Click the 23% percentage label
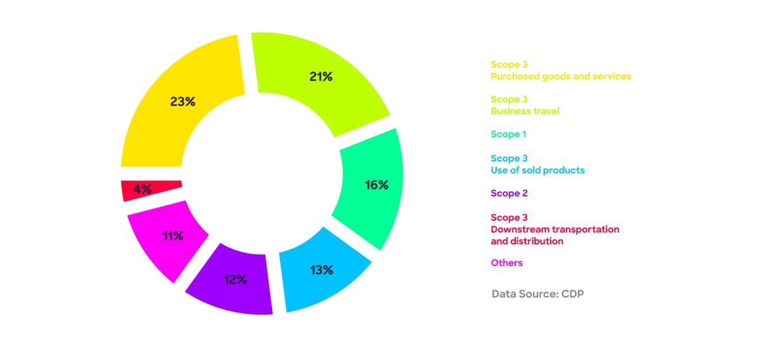[183, 102]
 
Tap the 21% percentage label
[321, 77]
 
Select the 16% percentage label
[377, 185]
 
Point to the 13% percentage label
[321, 270]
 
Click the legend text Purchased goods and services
[561, 76]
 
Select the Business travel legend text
[525, 111]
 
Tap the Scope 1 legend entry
[509, 134]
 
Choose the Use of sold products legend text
[538, 170]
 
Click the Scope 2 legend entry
[509, 193]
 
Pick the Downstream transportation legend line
[555, 229]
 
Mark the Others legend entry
[507, 263]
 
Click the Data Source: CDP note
[538, 294]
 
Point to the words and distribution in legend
[527, 241]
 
